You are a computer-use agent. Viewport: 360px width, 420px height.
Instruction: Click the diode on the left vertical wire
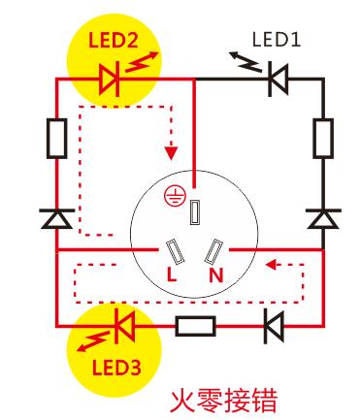pyautogui.click(x=55, y=219)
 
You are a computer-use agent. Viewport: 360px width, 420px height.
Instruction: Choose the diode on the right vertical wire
pyautogui.click(x=319, y=219)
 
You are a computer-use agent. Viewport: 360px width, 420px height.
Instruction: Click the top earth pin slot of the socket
pyautogui.click(x=197, y=210)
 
